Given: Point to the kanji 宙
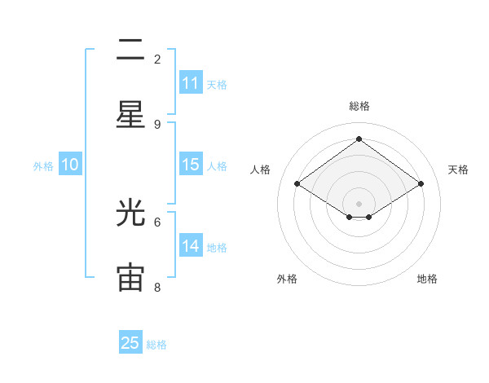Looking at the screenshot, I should [130, 276].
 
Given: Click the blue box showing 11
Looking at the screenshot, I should [191, 83].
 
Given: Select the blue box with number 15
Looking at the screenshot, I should [191, 165].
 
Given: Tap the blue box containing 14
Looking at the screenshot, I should [191, 246].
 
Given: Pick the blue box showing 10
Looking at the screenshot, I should [70, 165].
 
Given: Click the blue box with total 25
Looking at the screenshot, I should [130, 343].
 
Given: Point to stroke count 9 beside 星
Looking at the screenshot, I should [157, 124].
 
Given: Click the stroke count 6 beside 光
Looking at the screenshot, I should [157, 221].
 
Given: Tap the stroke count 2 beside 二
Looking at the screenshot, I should [157, 59].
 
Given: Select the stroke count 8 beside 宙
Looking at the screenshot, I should [157, 287].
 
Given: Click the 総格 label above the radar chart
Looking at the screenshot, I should [359, 106].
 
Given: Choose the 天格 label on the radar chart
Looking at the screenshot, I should [458, 169].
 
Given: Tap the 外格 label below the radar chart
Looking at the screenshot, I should [287, 279].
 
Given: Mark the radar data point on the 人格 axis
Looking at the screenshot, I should [297, 184].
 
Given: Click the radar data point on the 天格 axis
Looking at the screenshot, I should [421, 184].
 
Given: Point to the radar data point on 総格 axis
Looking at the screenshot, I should [359, 139].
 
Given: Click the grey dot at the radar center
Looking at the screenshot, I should [359, 203].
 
